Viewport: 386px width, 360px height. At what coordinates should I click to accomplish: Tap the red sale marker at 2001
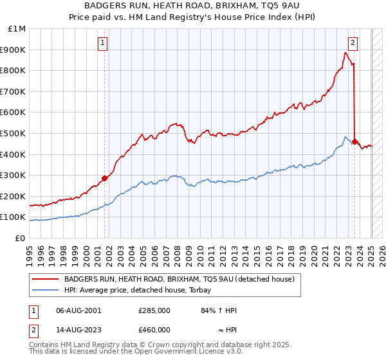pos(104,178)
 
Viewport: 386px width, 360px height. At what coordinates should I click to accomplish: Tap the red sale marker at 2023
pos(354,141)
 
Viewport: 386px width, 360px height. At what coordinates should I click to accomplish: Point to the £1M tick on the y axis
pos(17,29)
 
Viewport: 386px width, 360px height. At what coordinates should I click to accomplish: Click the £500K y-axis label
pos(14,134)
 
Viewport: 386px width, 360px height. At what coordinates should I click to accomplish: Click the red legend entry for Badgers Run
pos(179,279)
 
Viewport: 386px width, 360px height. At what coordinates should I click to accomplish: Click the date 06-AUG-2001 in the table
pos(78,310)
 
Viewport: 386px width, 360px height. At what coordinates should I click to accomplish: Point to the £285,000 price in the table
pos(154,310)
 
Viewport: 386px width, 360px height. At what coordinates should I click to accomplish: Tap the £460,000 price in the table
pos(154,330)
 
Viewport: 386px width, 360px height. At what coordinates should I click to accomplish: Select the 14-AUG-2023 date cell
pos(78,330)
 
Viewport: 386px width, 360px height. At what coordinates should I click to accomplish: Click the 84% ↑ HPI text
pos(219,310)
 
